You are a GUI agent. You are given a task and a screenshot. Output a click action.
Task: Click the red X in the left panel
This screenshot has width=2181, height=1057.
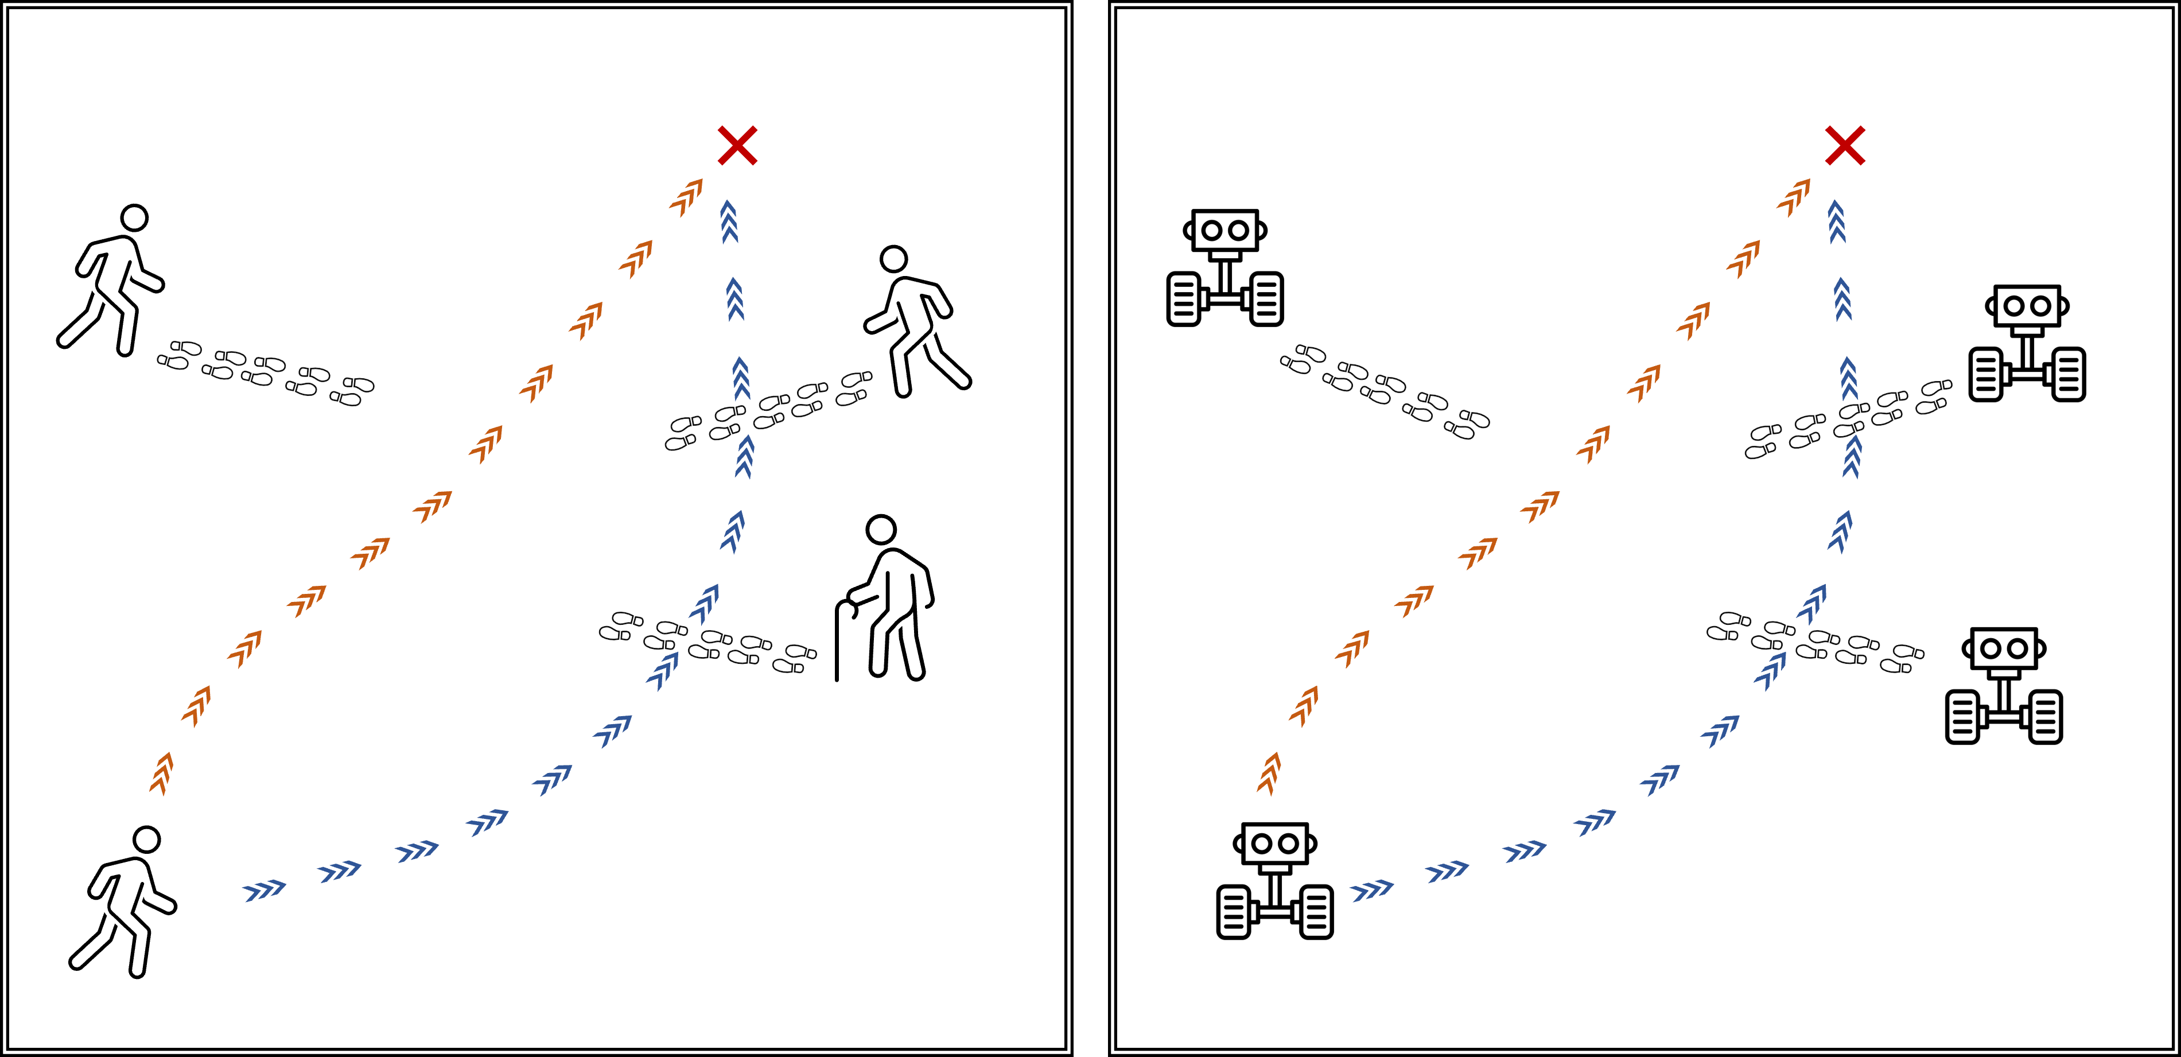click(737, 146)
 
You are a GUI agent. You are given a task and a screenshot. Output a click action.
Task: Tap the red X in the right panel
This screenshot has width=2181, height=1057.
click(1845, 146)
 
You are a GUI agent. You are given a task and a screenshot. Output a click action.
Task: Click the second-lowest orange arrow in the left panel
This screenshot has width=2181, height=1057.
click(196, 705)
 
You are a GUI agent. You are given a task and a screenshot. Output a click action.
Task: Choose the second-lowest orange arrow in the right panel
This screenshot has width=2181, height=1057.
click(1304, 705)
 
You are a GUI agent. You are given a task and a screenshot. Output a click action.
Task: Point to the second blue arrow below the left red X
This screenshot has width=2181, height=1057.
click(735, 299)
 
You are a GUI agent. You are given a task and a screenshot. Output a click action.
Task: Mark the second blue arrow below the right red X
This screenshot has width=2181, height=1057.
click(1842, 299)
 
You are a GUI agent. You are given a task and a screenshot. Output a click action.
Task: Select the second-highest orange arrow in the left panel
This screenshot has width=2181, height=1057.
click(636, 259)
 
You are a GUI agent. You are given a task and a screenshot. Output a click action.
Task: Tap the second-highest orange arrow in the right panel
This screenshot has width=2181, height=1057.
click(1743, 259)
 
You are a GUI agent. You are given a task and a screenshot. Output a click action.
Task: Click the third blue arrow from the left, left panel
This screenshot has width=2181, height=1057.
click(417, 850)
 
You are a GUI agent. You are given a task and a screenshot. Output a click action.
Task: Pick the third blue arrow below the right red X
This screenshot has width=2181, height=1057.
click(1848, 378)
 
